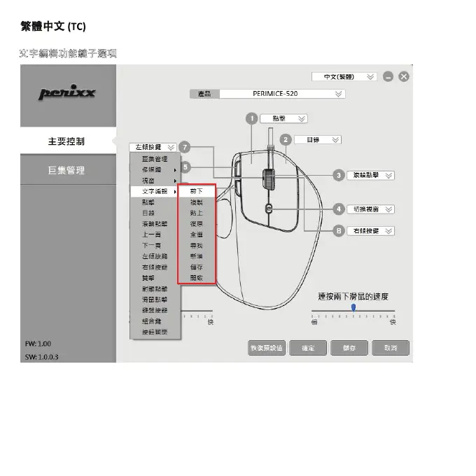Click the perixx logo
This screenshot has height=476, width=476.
(x=67, y=94)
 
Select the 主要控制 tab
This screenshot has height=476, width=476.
(x=66, y=141)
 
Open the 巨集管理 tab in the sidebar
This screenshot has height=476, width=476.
(x=66, y=170)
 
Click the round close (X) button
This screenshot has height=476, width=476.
(x=404, y=76)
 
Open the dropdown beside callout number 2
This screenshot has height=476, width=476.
(x=317, y=140)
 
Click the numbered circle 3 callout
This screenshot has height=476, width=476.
(x=339, y=175)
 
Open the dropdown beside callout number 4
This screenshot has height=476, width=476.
(x=371, y=209)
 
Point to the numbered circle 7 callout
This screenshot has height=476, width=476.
(x=184, y=147)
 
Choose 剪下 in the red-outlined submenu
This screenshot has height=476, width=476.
(x=197, y=191)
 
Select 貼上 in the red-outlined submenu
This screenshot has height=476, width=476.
(x=197, y=213)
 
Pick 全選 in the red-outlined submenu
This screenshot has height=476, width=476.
(x=197, y=234)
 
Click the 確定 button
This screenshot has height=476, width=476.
(x=308, y=348)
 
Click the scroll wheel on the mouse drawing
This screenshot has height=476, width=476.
(x=269, y=178)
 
